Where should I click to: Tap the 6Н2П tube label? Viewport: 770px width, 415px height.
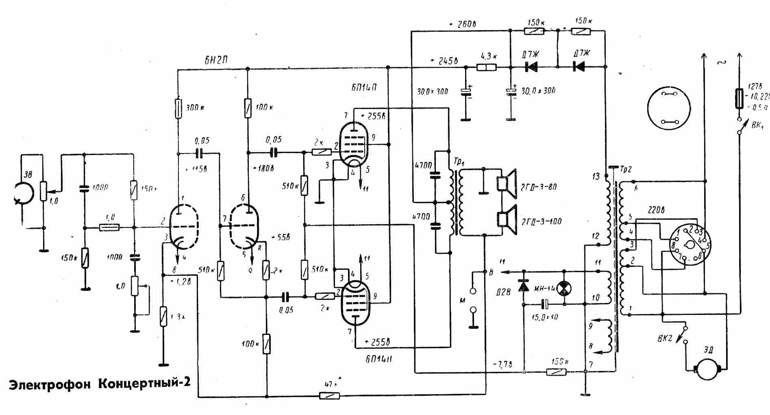pyautogui.click(x=216, y=60)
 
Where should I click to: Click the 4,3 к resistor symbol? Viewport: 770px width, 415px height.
pyautogui.click(x=487, y=67)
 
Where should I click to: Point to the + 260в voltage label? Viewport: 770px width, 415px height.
pyautogui.click(x=463, y=24)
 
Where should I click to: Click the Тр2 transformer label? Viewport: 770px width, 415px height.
pyautogui.click(x=626, y=168)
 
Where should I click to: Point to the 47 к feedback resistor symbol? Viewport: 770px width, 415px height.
pyautogui.click(x=329, y=395)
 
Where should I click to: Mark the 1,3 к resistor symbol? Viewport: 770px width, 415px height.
pyautogui.click(x=163, y=317)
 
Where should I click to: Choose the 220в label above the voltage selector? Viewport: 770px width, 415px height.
pyautogui.click(x=655, y=210)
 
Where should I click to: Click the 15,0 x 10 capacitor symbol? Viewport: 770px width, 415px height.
pyautogui.click(x=545, y=304)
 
